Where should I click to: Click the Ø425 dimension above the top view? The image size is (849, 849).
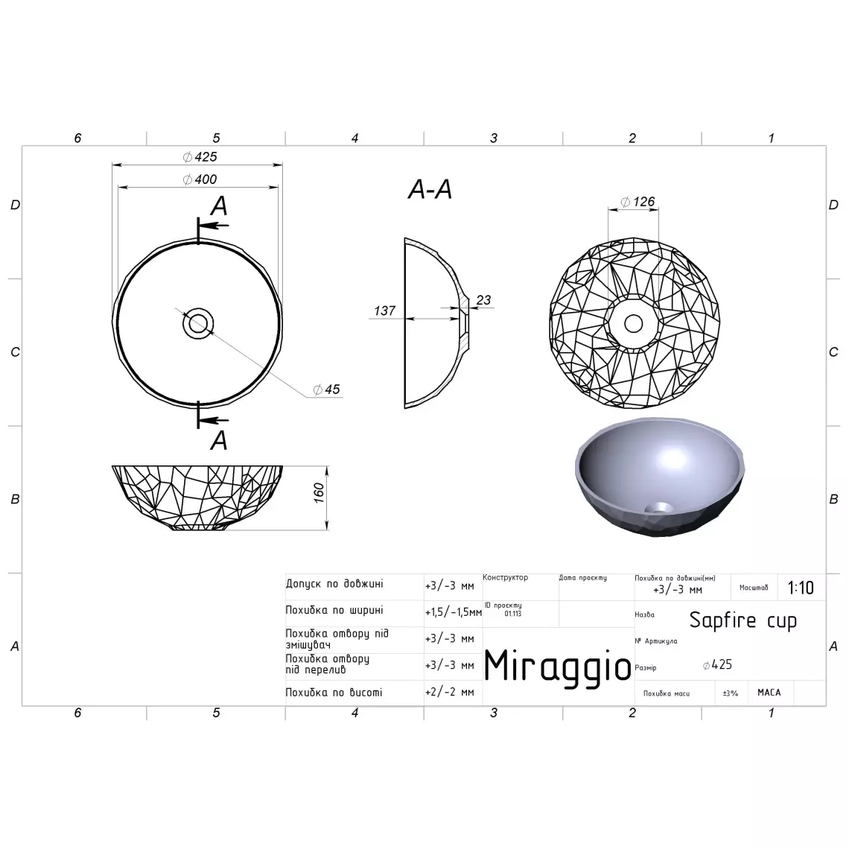pos(200,157)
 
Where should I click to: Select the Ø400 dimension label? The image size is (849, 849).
pos(200,179)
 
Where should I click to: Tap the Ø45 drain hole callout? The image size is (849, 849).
pos(327,389)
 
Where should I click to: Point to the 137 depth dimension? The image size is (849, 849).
pos(384,311)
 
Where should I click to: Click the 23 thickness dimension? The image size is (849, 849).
pos(483,300)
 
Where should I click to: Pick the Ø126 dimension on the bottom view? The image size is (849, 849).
pos(637,202)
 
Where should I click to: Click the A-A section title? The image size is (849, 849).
pos(430,190)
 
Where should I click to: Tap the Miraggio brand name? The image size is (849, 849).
pos(558,665)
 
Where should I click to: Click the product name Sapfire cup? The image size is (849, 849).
pos(743,620)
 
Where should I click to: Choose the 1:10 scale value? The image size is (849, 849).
pos(801,588)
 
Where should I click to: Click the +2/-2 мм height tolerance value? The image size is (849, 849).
pos(449,692)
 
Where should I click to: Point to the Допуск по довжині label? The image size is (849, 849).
pos(334,585)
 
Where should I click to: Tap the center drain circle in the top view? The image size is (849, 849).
pos(198,323)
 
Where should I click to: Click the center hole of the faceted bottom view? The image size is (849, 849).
pos(634,323)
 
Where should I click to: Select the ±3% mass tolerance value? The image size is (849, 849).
pos(730,693)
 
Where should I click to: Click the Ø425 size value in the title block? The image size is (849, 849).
pos(717,665)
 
